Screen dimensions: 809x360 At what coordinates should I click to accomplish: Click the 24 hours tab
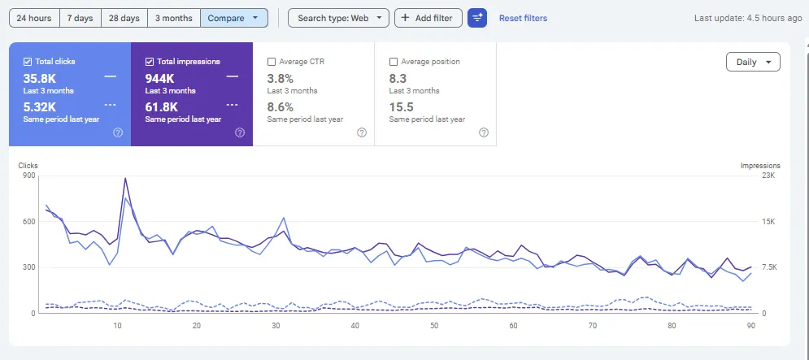click(x=34, y=18)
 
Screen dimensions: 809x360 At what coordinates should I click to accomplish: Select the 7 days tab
click(x=80, y=18)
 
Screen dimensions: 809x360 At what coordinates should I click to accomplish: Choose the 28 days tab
click(x=124, y=18)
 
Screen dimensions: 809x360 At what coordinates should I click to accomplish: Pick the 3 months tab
click(x=174, y=18)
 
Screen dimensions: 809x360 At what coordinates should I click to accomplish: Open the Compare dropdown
click(x=233, y=18)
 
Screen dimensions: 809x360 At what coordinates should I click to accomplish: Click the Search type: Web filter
click(x=338, y=18)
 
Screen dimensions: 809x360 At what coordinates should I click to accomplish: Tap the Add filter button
click(x=428, y=18)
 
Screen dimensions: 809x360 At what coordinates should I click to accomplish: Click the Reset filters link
click(x=523, y=18)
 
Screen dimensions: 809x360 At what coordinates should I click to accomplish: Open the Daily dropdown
click(x=753, y=62)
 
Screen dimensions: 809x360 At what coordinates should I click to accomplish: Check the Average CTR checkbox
click(x=272, y=62)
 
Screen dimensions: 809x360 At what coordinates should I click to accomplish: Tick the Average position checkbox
click(x=394, y=62)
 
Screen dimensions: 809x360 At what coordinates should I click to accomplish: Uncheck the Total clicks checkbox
click(x=28, y=62)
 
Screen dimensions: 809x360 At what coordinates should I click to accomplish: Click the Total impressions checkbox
click(x=150, y=62)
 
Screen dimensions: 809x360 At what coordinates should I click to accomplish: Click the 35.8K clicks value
click(x=39, y=79)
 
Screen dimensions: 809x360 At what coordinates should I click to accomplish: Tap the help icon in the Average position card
click(x=484, y=132)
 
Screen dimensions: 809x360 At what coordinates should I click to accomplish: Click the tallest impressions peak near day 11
click(x=125, y=179)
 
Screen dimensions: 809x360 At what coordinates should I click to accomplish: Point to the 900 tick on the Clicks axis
click(x=29, y=176)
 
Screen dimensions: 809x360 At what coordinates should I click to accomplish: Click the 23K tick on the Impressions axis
click(x=769, y=176)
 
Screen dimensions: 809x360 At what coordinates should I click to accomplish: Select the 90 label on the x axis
click(x=751, y=326)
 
